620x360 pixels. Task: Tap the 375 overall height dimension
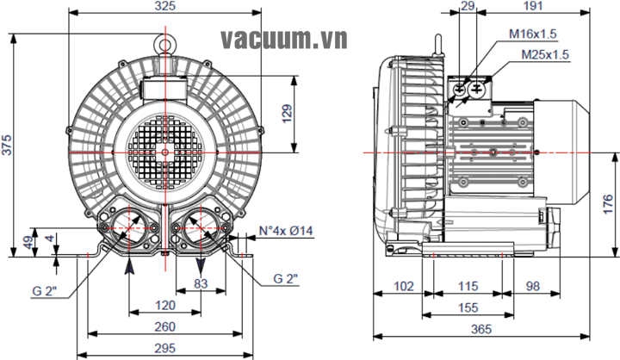(x=7, y=146)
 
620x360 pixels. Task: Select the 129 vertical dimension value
(x=288, y=113)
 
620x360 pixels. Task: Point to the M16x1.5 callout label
(x=533, y=34)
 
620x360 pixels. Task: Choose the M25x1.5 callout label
(x=545, y=55)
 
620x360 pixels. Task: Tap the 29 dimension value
(x=468, y=7)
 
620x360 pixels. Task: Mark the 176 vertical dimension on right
(x=608, y=203)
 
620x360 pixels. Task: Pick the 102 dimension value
(x=402, y=287)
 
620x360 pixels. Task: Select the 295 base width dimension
(x=164, y=348)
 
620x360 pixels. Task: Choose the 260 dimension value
(x=164, y=326)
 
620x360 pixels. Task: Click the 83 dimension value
(x=200, y=283)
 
